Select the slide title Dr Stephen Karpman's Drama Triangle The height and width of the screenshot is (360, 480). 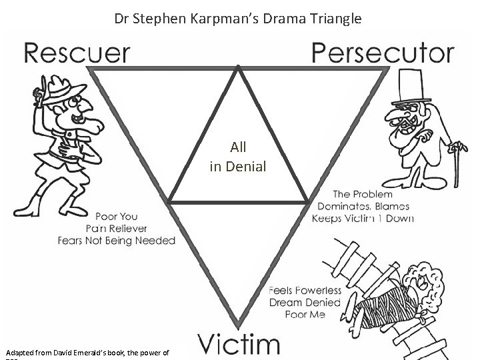coord(238,19)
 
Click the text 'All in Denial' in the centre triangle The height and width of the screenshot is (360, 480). coord(238,155)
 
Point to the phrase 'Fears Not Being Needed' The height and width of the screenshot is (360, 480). coord(116,240)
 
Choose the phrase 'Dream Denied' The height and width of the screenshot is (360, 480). coord(304,302)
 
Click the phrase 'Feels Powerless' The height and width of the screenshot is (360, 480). coord(305,291)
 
